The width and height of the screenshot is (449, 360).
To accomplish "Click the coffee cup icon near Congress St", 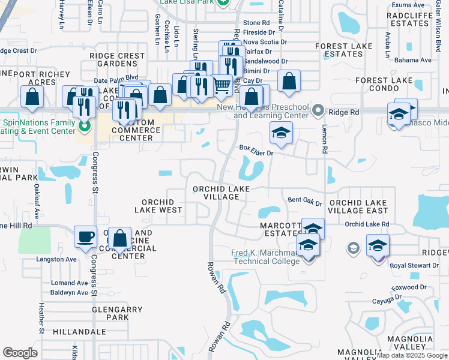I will (85, 236).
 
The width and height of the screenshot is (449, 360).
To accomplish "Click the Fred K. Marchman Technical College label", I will (265, 256).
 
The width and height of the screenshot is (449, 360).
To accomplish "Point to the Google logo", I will (20, 353).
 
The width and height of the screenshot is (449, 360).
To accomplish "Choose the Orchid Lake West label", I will (161, 206).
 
